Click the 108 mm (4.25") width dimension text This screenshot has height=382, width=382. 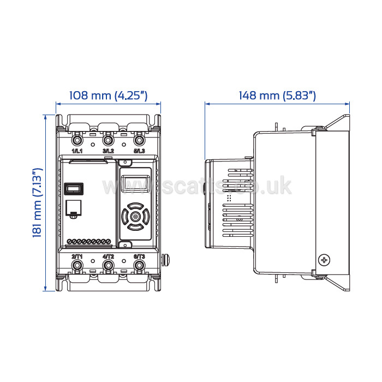click(x=109, y=95)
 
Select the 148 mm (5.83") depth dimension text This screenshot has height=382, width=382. click(x=277, y=95)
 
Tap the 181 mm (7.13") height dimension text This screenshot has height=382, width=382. click(x=38, y=202)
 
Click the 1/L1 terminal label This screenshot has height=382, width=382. click(x=77, y=151)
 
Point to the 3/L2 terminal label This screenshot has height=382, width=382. click(x=108, y=151)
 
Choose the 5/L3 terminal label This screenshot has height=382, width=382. click(x=139, y=151)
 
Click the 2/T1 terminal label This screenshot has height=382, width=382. click(x=77, y=256)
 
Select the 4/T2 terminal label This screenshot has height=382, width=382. click(x=108, y=256)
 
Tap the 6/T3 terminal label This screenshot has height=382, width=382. click(x=139, y=256)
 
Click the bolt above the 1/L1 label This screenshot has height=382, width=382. click(x=77, y=140)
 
